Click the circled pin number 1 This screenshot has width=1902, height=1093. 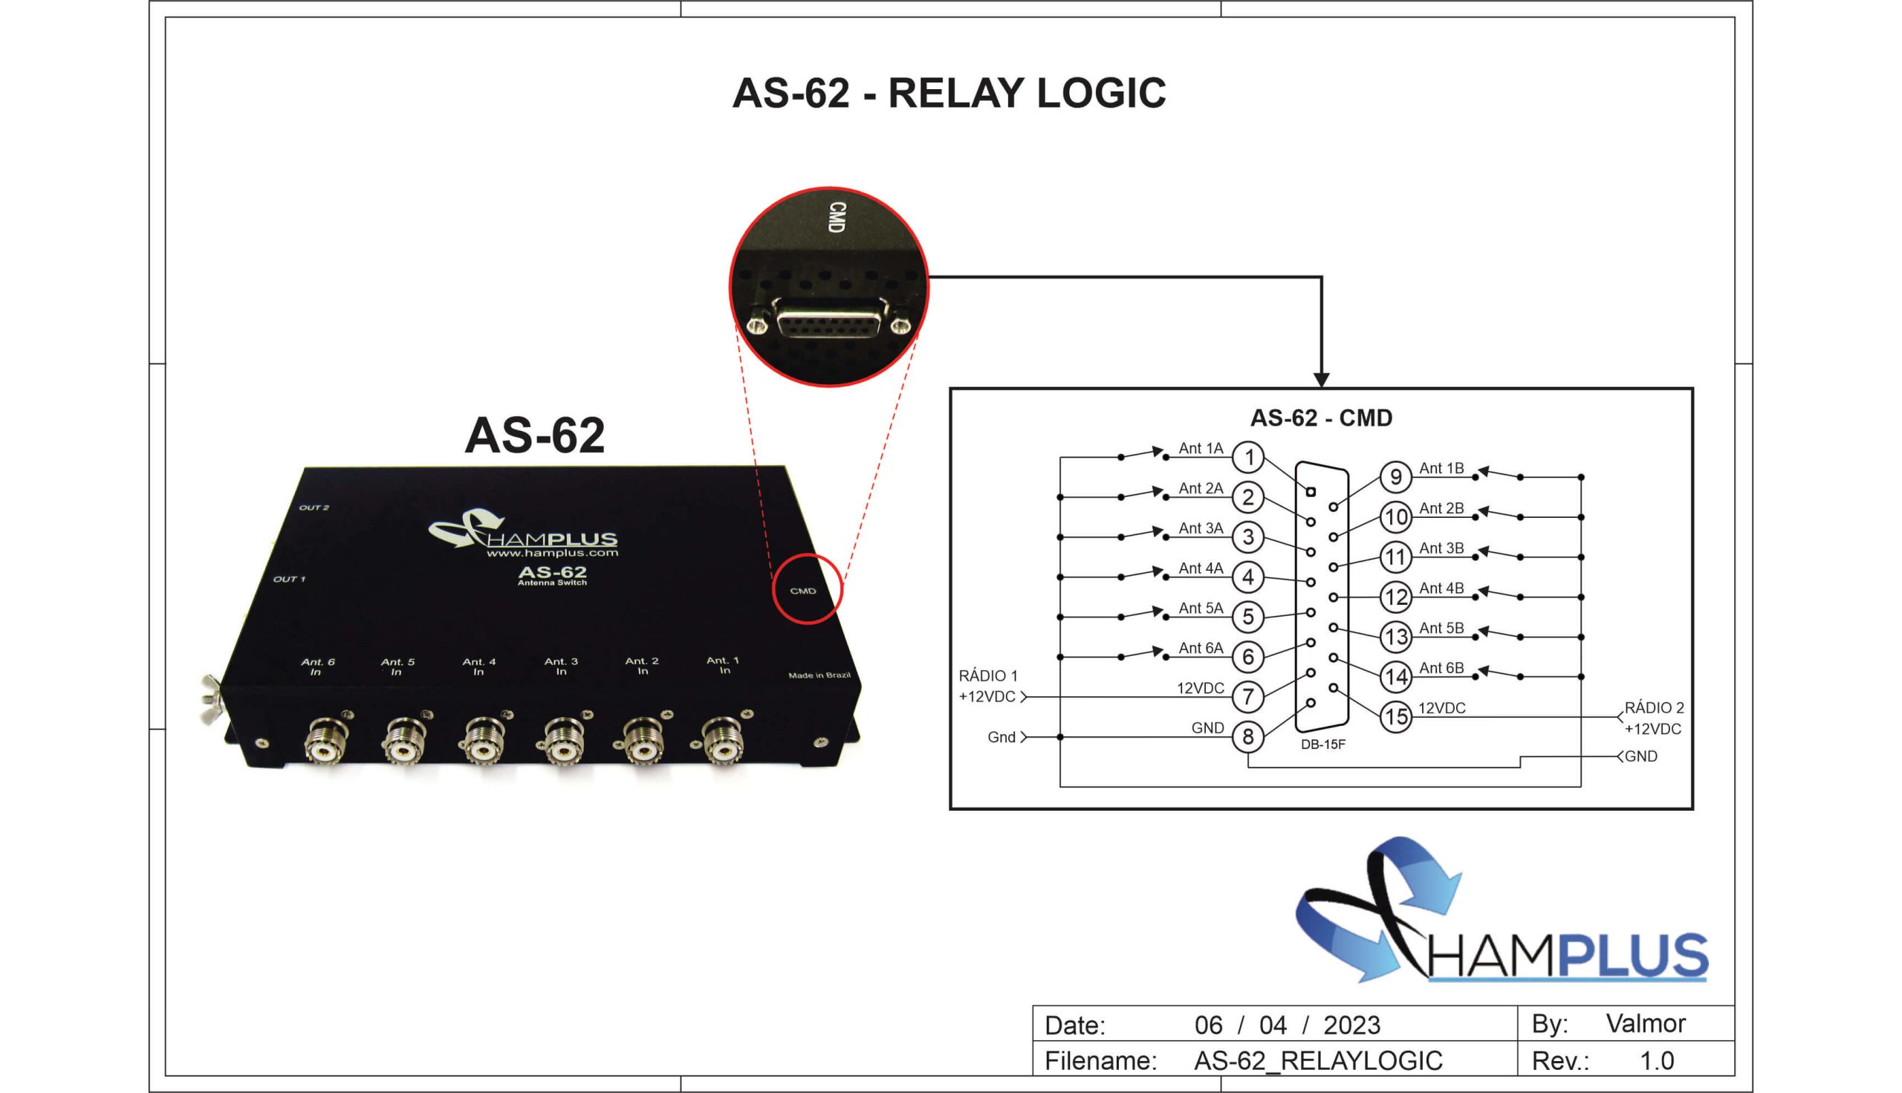click(x=1248, y=457)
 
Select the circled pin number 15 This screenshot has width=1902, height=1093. click(x=1395, y=716)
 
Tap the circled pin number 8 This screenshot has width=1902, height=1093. click(x=1248, y=736)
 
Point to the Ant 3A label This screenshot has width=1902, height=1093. click(x=1200, y=528)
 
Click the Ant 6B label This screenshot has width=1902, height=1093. click(x=1441, y=668)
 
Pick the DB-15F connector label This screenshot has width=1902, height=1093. click(x=1323, y=745)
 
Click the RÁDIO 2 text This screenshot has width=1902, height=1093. click(x=1655, y=708)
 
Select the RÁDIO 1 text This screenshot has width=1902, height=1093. click(x=988, y=675)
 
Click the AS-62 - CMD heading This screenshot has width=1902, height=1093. click(x=1321, y=418)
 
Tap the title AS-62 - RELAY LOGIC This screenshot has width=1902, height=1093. click(x=949, y=93)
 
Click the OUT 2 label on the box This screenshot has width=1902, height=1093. click(x=314, y=508)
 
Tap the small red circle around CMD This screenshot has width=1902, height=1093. click(x=808, y=589)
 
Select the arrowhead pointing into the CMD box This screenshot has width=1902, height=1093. click(x=1321, y=379)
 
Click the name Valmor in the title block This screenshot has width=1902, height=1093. click(x=1645, y=1023)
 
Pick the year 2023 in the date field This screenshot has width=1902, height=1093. click(x=1351, y=1025)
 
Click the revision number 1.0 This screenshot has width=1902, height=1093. click(x=1657, y=1061)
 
